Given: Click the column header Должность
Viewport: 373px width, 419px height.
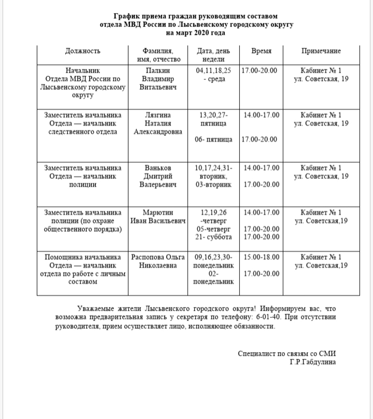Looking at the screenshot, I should [83, 51].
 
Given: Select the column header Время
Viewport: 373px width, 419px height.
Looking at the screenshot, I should [261, 51].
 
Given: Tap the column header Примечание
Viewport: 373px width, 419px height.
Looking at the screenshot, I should [321, 51].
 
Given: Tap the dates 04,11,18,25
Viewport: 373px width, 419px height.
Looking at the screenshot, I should [213, 70].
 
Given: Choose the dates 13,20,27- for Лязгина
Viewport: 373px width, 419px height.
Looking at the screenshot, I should [213, 115].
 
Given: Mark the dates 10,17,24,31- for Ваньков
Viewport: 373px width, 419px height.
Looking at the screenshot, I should [213, 167].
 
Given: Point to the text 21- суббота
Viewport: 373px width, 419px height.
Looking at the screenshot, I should [213, 237].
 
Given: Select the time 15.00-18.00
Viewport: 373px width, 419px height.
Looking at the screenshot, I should [261, 257].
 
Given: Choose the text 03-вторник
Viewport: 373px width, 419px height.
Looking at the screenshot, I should [213, 185].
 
